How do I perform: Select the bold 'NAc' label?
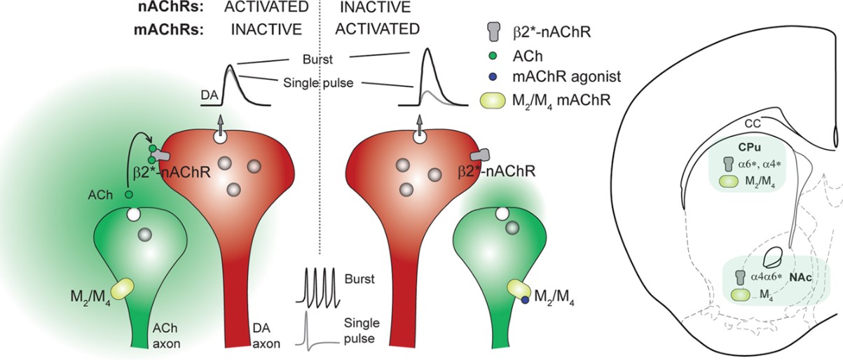[800, 277]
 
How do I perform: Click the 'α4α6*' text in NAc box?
[765, 277]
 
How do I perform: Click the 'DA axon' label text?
[266, 339]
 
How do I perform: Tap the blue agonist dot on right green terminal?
[524, 300]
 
